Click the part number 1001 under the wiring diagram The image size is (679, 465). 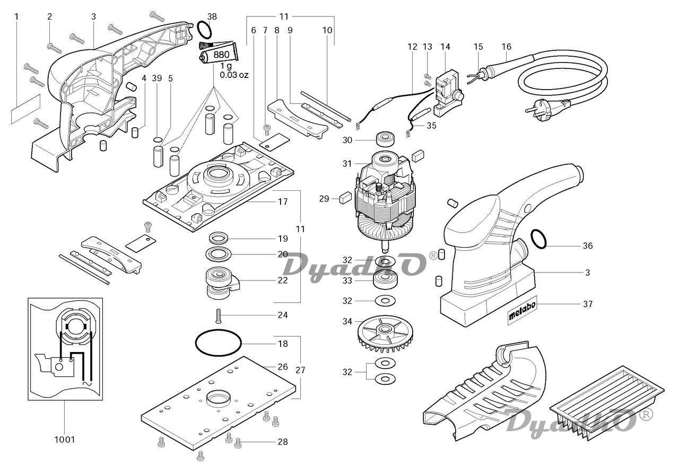pos(65,439)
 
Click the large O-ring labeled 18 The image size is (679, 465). pos(218,343)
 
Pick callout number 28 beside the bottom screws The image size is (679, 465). pos(283,442)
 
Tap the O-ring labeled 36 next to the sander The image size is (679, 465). pos(538,239)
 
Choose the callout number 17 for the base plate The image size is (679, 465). pos(283,202)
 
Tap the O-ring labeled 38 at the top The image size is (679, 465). pos(205,30)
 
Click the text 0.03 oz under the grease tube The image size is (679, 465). pos(234,75)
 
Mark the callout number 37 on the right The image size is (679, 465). pos(587,304)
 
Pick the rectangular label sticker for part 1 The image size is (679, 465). pos(25,109)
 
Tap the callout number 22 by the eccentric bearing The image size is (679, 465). pos(283,280)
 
